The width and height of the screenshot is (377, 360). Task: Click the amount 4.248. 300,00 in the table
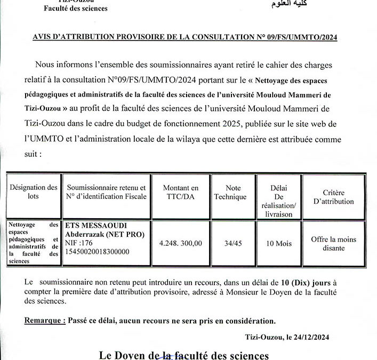(x=181, y=243)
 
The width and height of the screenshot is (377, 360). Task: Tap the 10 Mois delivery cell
(x=279, y=243)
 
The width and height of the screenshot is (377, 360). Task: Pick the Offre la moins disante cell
(x=333, y=244)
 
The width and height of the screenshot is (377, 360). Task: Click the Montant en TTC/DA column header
(x=181, y=192)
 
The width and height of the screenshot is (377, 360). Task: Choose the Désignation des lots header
(x=34, y=192)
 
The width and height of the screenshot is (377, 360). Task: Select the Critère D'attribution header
(x=334, y=197)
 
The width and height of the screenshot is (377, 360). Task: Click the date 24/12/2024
(x=313, y=337)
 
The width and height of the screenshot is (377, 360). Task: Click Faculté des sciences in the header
(x=76, y=8)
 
